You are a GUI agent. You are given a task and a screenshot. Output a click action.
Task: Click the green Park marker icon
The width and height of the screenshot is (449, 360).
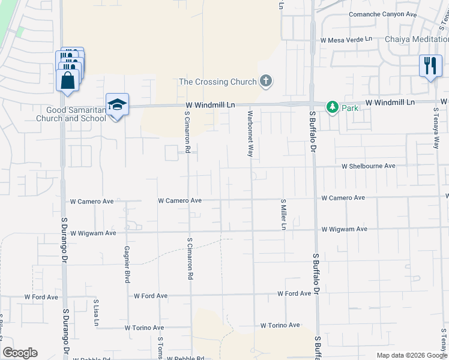coord(332,107)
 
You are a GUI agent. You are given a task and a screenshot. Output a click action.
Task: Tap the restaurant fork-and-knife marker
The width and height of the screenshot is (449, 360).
coord(430,65)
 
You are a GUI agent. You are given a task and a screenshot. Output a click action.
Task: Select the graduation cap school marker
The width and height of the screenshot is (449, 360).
coord(117,104)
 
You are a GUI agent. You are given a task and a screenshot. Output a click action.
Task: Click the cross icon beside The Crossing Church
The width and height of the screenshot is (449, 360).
coord(266,81)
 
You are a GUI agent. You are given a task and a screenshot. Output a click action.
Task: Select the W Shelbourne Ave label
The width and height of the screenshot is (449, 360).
coord(369,166)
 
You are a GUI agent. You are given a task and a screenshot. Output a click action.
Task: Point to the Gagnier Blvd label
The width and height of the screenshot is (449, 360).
coord(127,264)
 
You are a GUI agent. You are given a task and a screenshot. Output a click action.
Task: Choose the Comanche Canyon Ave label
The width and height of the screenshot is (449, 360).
coord(382,14)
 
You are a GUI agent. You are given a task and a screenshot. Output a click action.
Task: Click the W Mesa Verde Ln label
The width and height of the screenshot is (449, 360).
coord(346,40)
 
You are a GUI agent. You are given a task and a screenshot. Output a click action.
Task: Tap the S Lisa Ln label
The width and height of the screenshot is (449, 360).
coord(96,313)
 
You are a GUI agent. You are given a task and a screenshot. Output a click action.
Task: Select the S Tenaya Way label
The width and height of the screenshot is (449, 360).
coord(436,129)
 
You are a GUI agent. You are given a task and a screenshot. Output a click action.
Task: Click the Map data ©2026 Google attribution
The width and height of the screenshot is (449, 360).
coord(412,355)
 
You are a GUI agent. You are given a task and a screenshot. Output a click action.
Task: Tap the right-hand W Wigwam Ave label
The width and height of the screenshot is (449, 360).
coord(344,229)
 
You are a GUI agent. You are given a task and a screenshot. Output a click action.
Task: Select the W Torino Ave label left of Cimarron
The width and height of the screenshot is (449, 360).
coord(144,328)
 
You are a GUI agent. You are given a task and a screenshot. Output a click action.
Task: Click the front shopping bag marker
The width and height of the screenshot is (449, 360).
coord(67,80)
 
